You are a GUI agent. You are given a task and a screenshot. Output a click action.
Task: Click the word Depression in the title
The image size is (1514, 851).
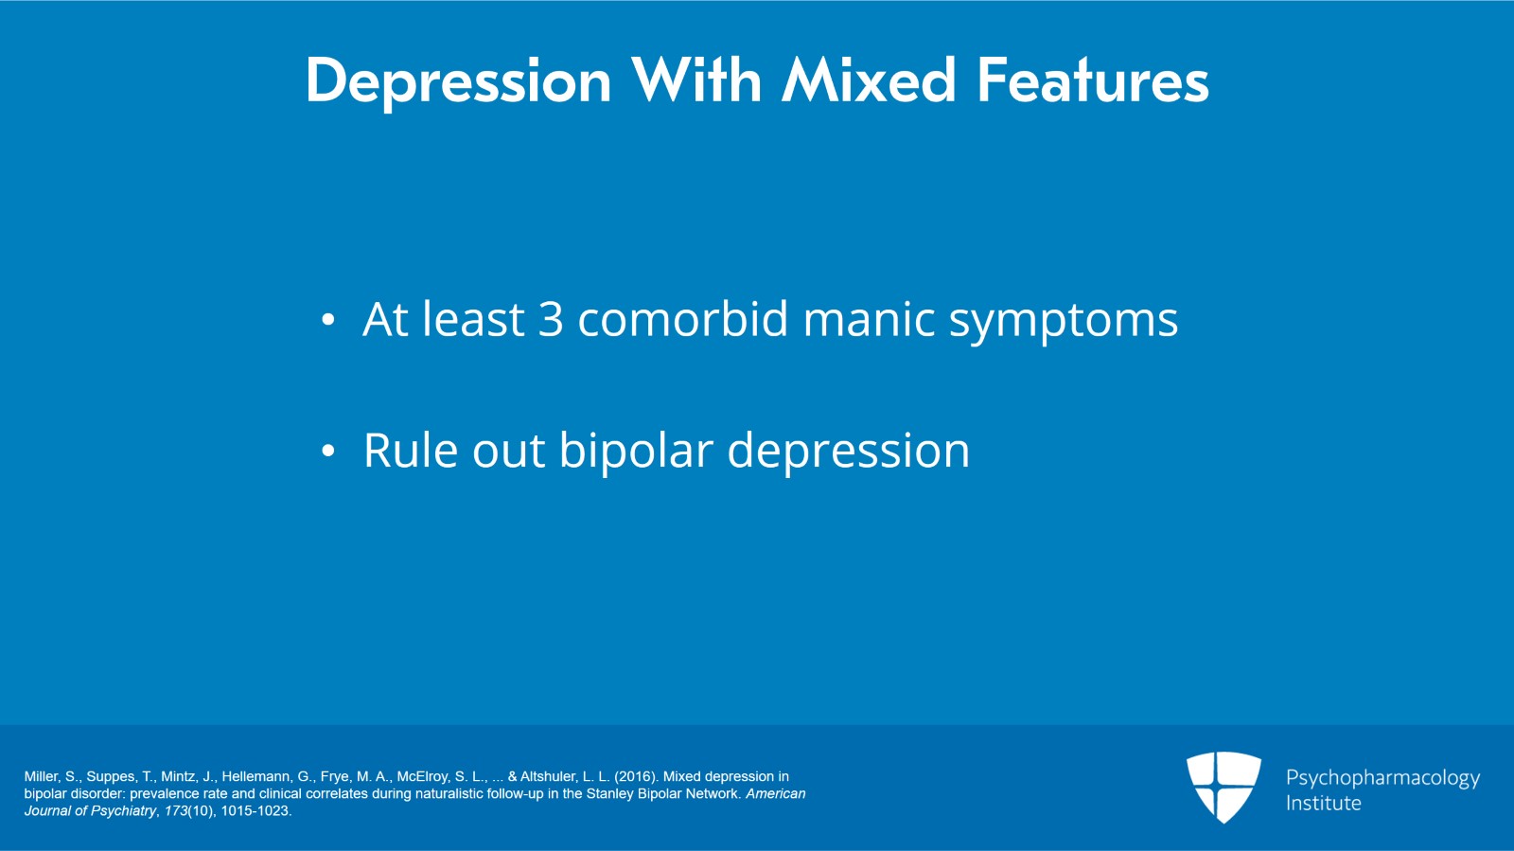point(459,81)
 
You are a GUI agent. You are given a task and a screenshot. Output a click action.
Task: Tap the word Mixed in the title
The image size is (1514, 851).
point(869,80)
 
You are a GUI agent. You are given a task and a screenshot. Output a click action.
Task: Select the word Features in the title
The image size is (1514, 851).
point(1093,80)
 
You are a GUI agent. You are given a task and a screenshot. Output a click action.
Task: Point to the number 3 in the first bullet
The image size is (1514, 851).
point(551,319)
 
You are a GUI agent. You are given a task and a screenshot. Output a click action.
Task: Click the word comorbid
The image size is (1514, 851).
point(682,318)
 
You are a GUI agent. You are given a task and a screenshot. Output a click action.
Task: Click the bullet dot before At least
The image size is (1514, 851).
point(327,320)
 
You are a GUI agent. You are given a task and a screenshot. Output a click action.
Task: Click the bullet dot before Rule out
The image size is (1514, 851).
point(327,451)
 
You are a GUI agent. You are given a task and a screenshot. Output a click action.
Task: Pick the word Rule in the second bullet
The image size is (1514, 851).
point(411,450)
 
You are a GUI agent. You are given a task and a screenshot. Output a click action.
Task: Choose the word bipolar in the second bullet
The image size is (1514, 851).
point(636,452)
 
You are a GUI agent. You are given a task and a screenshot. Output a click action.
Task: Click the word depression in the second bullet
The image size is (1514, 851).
point(848,452)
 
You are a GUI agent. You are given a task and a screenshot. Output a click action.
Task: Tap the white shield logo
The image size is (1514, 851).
point(1224,786)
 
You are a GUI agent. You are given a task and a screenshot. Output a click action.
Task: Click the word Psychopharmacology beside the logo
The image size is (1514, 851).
point(1382,778)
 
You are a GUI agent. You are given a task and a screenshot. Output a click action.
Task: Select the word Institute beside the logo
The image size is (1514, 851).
point(1324,803)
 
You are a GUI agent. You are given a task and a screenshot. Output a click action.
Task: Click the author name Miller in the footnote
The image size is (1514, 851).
point(42,776)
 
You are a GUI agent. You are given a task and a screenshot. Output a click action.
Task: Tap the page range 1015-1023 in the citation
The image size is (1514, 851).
point(256,810)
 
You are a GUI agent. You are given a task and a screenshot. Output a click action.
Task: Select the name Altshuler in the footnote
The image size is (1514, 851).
point(549,776)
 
